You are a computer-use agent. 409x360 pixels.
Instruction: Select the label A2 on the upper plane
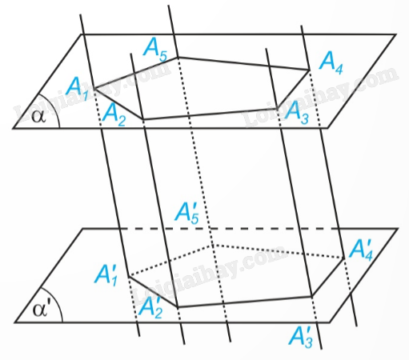[114, 115]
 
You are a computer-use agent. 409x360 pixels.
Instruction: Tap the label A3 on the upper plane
[297, 114]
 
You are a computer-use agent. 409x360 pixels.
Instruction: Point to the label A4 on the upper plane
[331, 63]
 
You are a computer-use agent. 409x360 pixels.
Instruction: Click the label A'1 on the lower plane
[106, 276]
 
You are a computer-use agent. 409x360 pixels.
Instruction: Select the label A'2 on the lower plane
[150, 307]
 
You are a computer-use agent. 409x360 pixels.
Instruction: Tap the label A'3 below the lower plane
[301, 337]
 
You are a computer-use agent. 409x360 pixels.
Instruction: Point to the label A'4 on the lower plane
[360, 250]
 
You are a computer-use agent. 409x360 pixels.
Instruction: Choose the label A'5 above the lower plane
[187, 213]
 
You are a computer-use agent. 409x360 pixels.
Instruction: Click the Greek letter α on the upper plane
[38, 117]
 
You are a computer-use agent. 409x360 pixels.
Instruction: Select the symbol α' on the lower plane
[41, 310]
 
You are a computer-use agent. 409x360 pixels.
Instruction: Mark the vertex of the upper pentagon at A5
[178, 57]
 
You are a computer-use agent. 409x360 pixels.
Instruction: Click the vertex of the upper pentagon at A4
[310, 70]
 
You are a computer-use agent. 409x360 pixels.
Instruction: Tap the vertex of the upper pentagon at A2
[143, 119]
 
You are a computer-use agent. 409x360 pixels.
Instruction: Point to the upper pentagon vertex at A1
[94, 88]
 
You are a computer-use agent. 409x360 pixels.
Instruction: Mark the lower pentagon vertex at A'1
[129, 276]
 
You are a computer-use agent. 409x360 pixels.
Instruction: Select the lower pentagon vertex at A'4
[343, 258]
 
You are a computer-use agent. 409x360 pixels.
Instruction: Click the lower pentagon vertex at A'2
[178, 307]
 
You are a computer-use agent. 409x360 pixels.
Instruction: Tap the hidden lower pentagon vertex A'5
[213, 245]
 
